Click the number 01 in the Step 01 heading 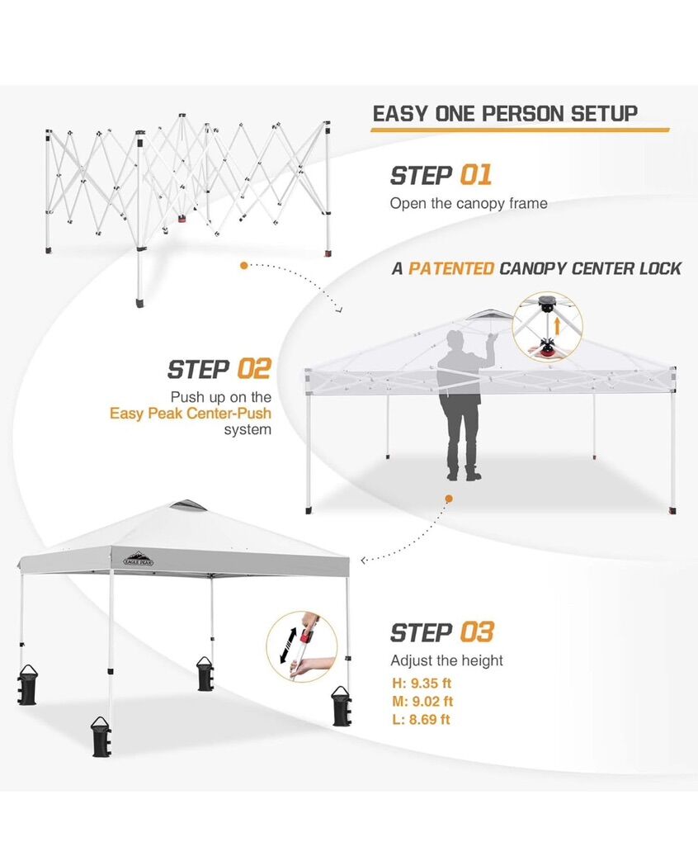click(476, 176)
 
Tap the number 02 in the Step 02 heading click(254, 370)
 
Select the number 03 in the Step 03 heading click(477, 632)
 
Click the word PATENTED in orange click(451, 268)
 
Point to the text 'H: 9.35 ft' click(422, 683)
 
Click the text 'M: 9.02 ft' click(422, 702)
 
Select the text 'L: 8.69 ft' click(421, 720)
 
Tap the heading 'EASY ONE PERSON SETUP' click(505, 114)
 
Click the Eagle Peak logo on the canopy click(139, 559)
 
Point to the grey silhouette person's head click(455, 340)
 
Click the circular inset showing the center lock click(547, 327)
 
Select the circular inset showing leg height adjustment click(302, 646)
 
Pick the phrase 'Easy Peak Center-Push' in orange click(191, 414)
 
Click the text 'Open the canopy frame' click(469, 204)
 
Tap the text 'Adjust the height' click(446, 660)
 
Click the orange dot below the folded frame click(244, 265)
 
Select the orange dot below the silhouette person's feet click(449, 499)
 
